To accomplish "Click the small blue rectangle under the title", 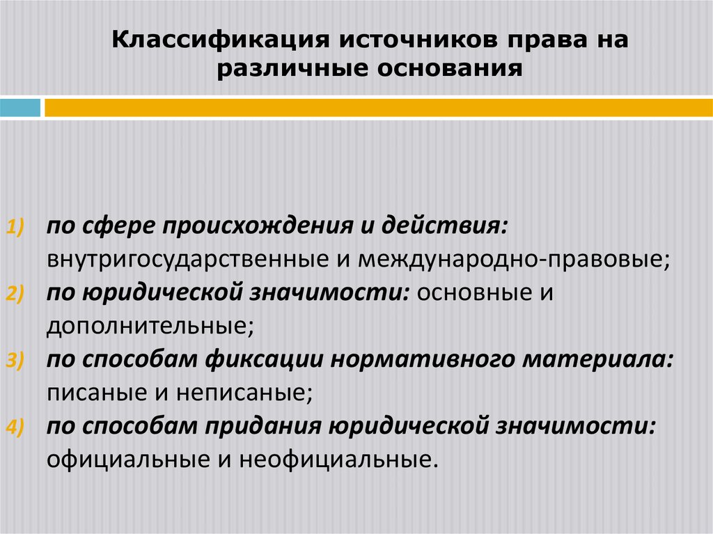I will (x=20, y=108).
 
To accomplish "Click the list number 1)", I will (x=16, y=228).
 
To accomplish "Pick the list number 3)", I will (x=16, y=362).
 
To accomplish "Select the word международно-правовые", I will (x=515, y=260).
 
